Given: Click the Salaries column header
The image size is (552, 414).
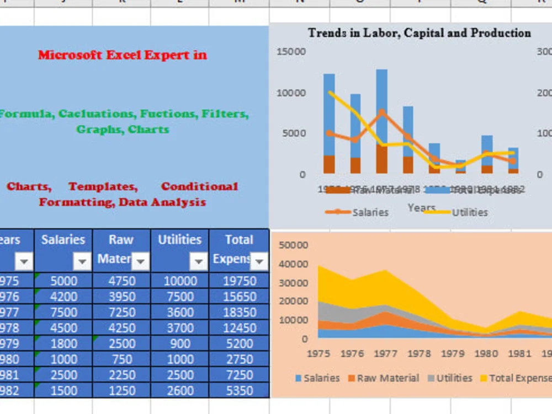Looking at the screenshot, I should tap(63, 240).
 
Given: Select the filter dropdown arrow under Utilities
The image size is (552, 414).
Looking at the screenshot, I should tap(198, 261).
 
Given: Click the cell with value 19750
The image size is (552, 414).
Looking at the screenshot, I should tap(239, 281).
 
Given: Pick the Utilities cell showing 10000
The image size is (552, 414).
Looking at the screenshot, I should tap(180, 281).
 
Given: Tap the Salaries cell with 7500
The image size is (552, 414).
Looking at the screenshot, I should tap(63, 312).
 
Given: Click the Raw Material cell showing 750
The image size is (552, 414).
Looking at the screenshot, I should tap(121, 359).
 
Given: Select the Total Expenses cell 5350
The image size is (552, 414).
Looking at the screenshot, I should tap(239, 391).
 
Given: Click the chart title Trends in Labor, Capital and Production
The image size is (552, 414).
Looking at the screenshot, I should tap(420, 33).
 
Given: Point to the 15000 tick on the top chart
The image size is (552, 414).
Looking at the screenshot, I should tap(291, 52).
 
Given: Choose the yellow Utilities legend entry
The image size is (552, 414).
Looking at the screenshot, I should tap(469, 212).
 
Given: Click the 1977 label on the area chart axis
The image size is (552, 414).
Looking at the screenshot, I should tap(385, 353).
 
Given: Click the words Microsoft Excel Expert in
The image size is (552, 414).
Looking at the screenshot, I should tap(123, 55).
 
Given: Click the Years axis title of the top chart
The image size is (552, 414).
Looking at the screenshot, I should tap(421, 208).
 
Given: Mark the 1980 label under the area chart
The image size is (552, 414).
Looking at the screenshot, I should tap(485, 353).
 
